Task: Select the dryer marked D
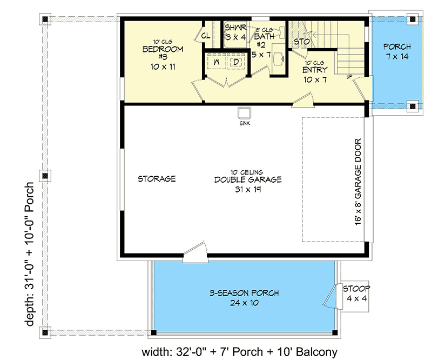click(x=237, y=63)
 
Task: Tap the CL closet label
click(x=206, y=36)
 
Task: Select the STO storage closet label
click(x=301, y=41)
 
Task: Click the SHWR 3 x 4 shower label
click(x=235, y=32)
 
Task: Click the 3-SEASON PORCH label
click(x=245, y=298)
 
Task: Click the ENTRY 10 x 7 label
click(x=314, y=75)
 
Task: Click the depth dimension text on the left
click(x=29, y=254)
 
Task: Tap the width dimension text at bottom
click(x=240, y=352)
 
